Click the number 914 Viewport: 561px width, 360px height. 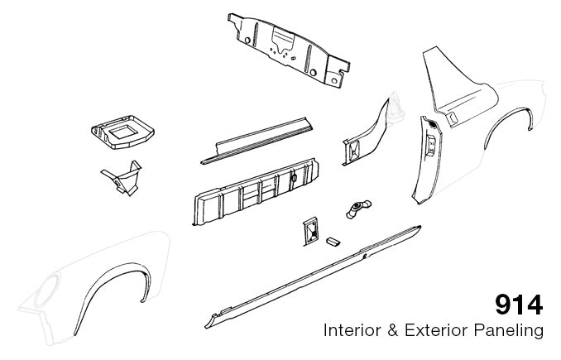pyautogui.click(x=519, y=305)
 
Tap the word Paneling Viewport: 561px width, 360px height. pyautogui.click(x=509, y=331)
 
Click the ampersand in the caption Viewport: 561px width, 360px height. pyautogui.click(x=393, y=330)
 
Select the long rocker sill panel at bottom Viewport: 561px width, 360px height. pyautogui.click(x=313, y=276)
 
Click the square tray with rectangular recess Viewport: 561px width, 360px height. pyautogui.click(x=122, y=132)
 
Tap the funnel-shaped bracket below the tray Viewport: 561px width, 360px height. pyautogui.click(x=122, y=178)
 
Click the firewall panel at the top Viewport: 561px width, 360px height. pyautogui.click(x=289, y=50)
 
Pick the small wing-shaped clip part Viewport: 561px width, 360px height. pyautogui.click(x=358, y=209)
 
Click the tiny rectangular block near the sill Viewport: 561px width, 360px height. pyautogui.click(x=333, y=242)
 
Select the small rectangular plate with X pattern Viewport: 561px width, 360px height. pyautogui.click(x=310, y=232)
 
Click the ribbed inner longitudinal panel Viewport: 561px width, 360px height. pyautogui.click(x=256, y=191)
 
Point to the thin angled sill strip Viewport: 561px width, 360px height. pyautogui.click(x=257, y=141)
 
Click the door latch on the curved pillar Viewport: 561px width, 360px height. pyautogui.click(x=431, y=146)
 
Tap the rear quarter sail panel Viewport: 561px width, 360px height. pyautogui.click(x=460, y=86)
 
